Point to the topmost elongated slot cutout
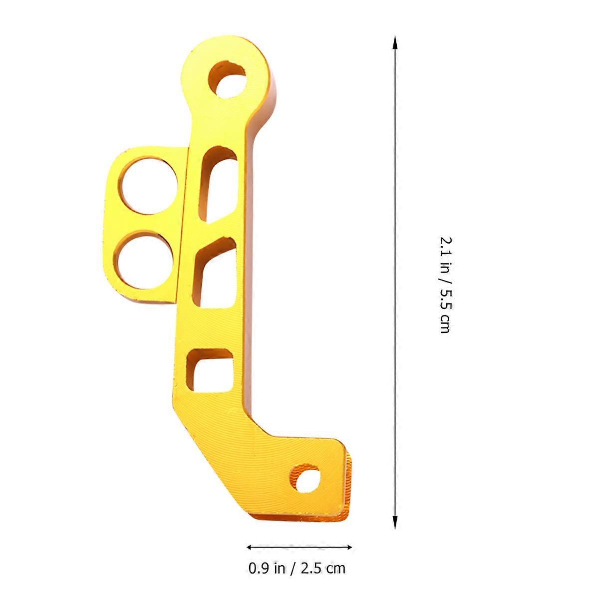pos(218,185)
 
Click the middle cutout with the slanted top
pos(214,273)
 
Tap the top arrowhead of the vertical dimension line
pos(395,42)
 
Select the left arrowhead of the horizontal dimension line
pos(250,556)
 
